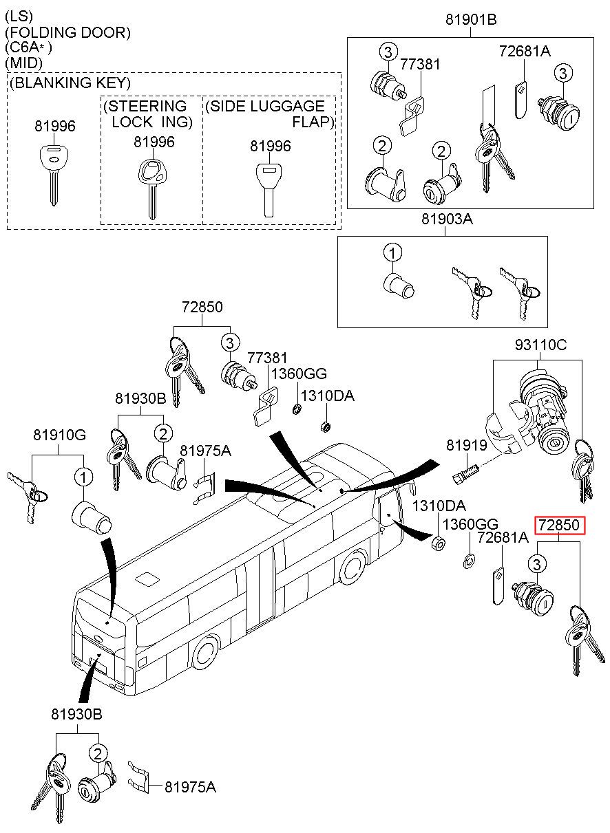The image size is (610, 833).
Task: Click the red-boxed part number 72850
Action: tap(559, 525)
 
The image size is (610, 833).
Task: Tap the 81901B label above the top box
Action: tap(471, 20)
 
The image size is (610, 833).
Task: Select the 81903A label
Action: tap(447, 219)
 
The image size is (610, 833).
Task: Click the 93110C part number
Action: tap(540, 345)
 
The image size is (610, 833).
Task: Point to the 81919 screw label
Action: tap(466, 445)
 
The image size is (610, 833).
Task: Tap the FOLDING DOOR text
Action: tap(67, 33)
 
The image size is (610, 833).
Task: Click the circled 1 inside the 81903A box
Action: tap(392, 253)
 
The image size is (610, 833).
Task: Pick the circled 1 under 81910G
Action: tap(83, 477)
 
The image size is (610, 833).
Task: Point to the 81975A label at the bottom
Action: tap(190, 787)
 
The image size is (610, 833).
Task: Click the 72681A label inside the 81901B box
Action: tap(525, 51)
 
